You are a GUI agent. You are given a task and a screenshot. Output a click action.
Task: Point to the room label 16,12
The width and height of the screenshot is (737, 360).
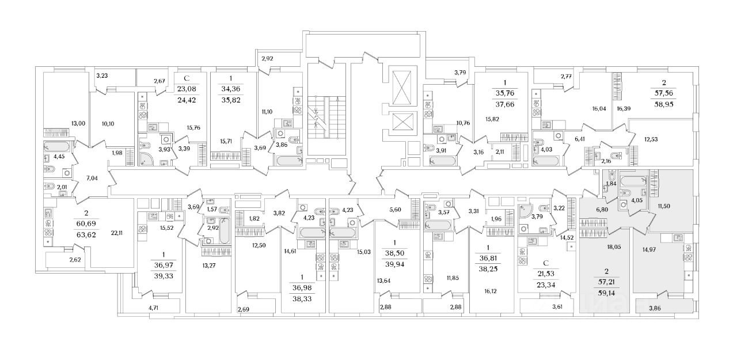tap(490, 291)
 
